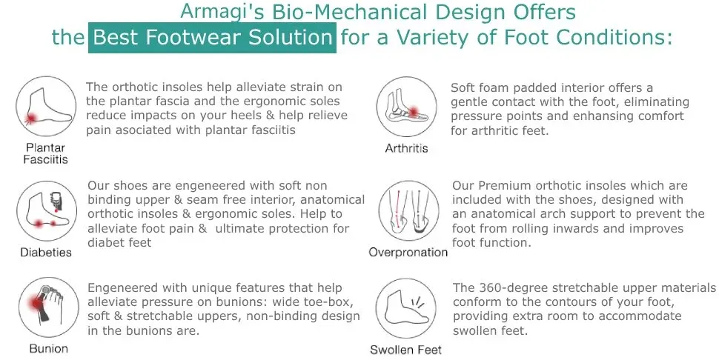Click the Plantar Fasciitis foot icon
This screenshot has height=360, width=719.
point(46,107)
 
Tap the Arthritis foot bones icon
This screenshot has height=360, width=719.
point(407,107)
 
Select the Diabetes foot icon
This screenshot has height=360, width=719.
point(47,210)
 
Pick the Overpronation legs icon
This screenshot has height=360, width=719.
point(409,210)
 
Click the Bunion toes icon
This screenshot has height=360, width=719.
point(49,307)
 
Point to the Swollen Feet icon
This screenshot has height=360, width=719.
point(405,308)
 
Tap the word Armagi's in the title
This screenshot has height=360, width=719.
point(222,12)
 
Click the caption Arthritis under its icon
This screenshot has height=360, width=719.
point(406,148)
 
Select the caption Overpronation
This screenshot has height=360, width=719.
point(408,253)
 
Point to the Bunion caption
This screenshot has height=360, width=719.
point(49,349)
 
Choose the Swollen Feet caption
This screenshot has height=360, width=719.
point(405,350)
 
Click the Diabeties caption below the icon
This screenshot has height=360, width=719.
point(46,253)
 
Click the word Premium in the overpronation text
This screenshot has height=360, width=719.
point(505,185)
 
